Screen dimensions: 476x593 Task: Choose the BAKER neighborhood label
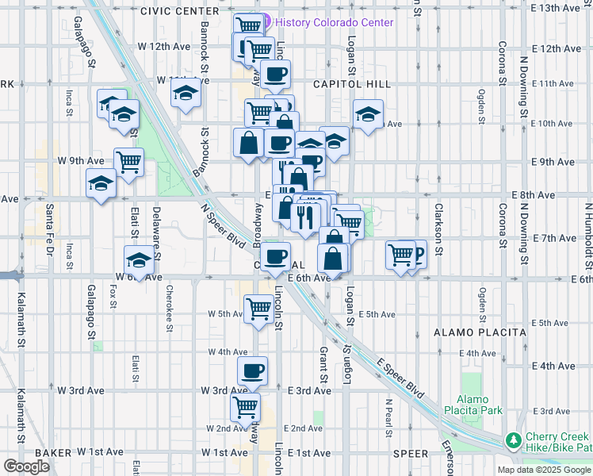53,452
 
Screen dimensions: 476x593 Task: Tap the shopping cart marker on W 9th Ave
128,162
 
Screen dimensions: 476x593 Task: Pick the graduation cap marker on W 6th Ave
139,260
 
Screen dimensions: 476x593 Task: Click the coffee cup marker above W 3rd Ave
253,370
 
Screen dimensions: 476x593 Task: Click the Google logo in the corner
26,466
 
